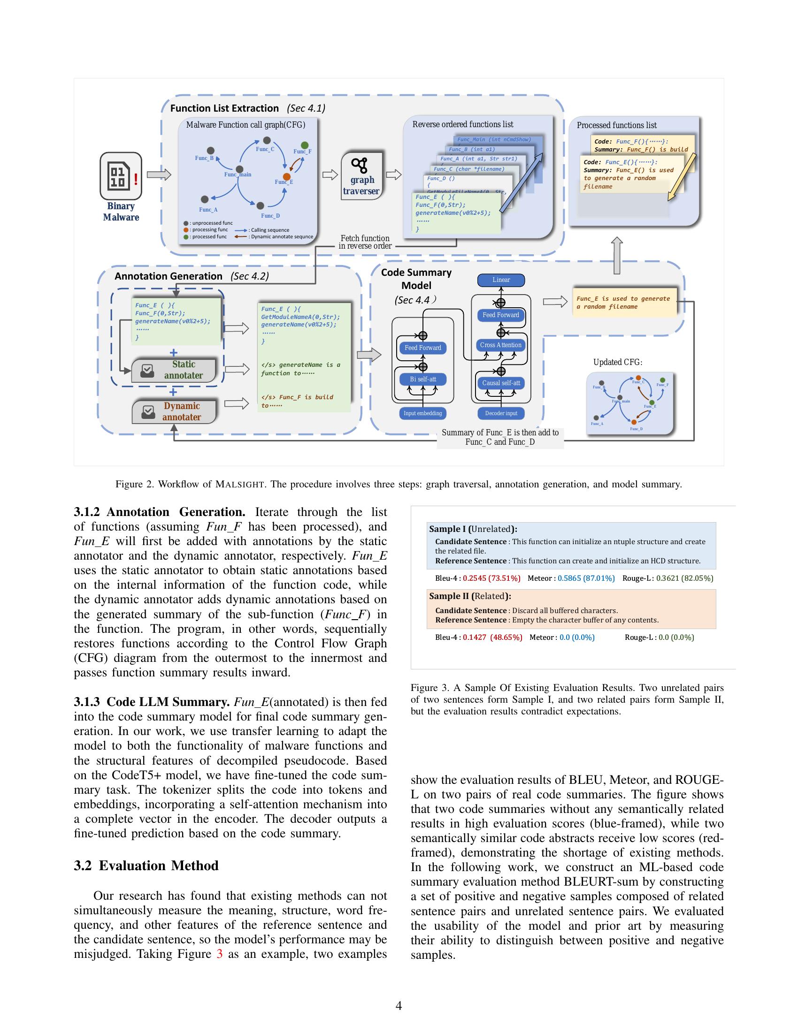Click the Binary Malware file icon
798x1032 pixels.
pos(121,176)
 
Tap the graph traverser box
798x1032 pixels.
pos(361,176)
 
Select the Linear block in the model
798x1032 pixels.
pos(501,280)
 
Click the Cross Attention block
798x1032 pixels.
pos(501,345)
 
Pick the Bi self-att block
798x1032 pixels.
pos(422,379)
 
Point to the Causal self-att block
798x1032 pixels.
pos(501,383)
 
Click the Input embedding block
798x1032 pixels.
pos(422,413)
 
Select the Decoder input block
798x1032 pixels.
pos(501,413)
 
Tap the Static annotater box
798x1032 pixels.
pos(174,370)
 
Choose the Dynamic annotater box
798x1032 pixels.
pos(174,411)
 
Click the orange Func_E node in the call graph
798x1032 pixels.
pos(286,176)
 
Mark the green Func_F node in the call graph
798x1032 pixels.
pos(305,145)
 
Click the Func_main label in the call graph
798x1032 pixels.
pos(238,175)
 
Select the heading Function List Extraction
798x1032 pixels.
pos(224,108)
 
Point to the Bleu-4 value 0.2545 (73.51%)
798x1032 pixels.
pos(491,578)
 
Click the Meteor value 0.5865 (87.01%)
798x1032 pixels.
pos(586,578)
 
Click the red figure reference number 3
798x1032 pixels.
pos(219,954)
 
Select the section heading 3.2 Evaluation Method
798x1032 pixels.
pos(146,865)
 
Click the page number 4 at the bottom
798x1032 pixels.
pos(399,1006)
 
